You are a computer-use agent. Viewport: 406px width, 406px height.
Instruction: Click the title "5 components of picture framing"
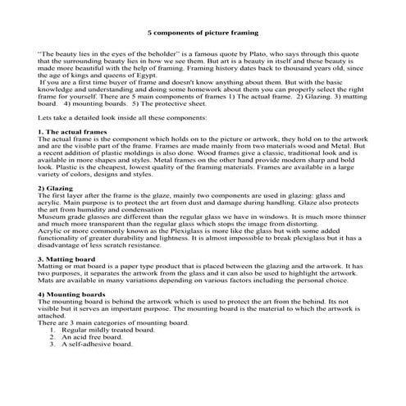[x=203, y=33]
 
